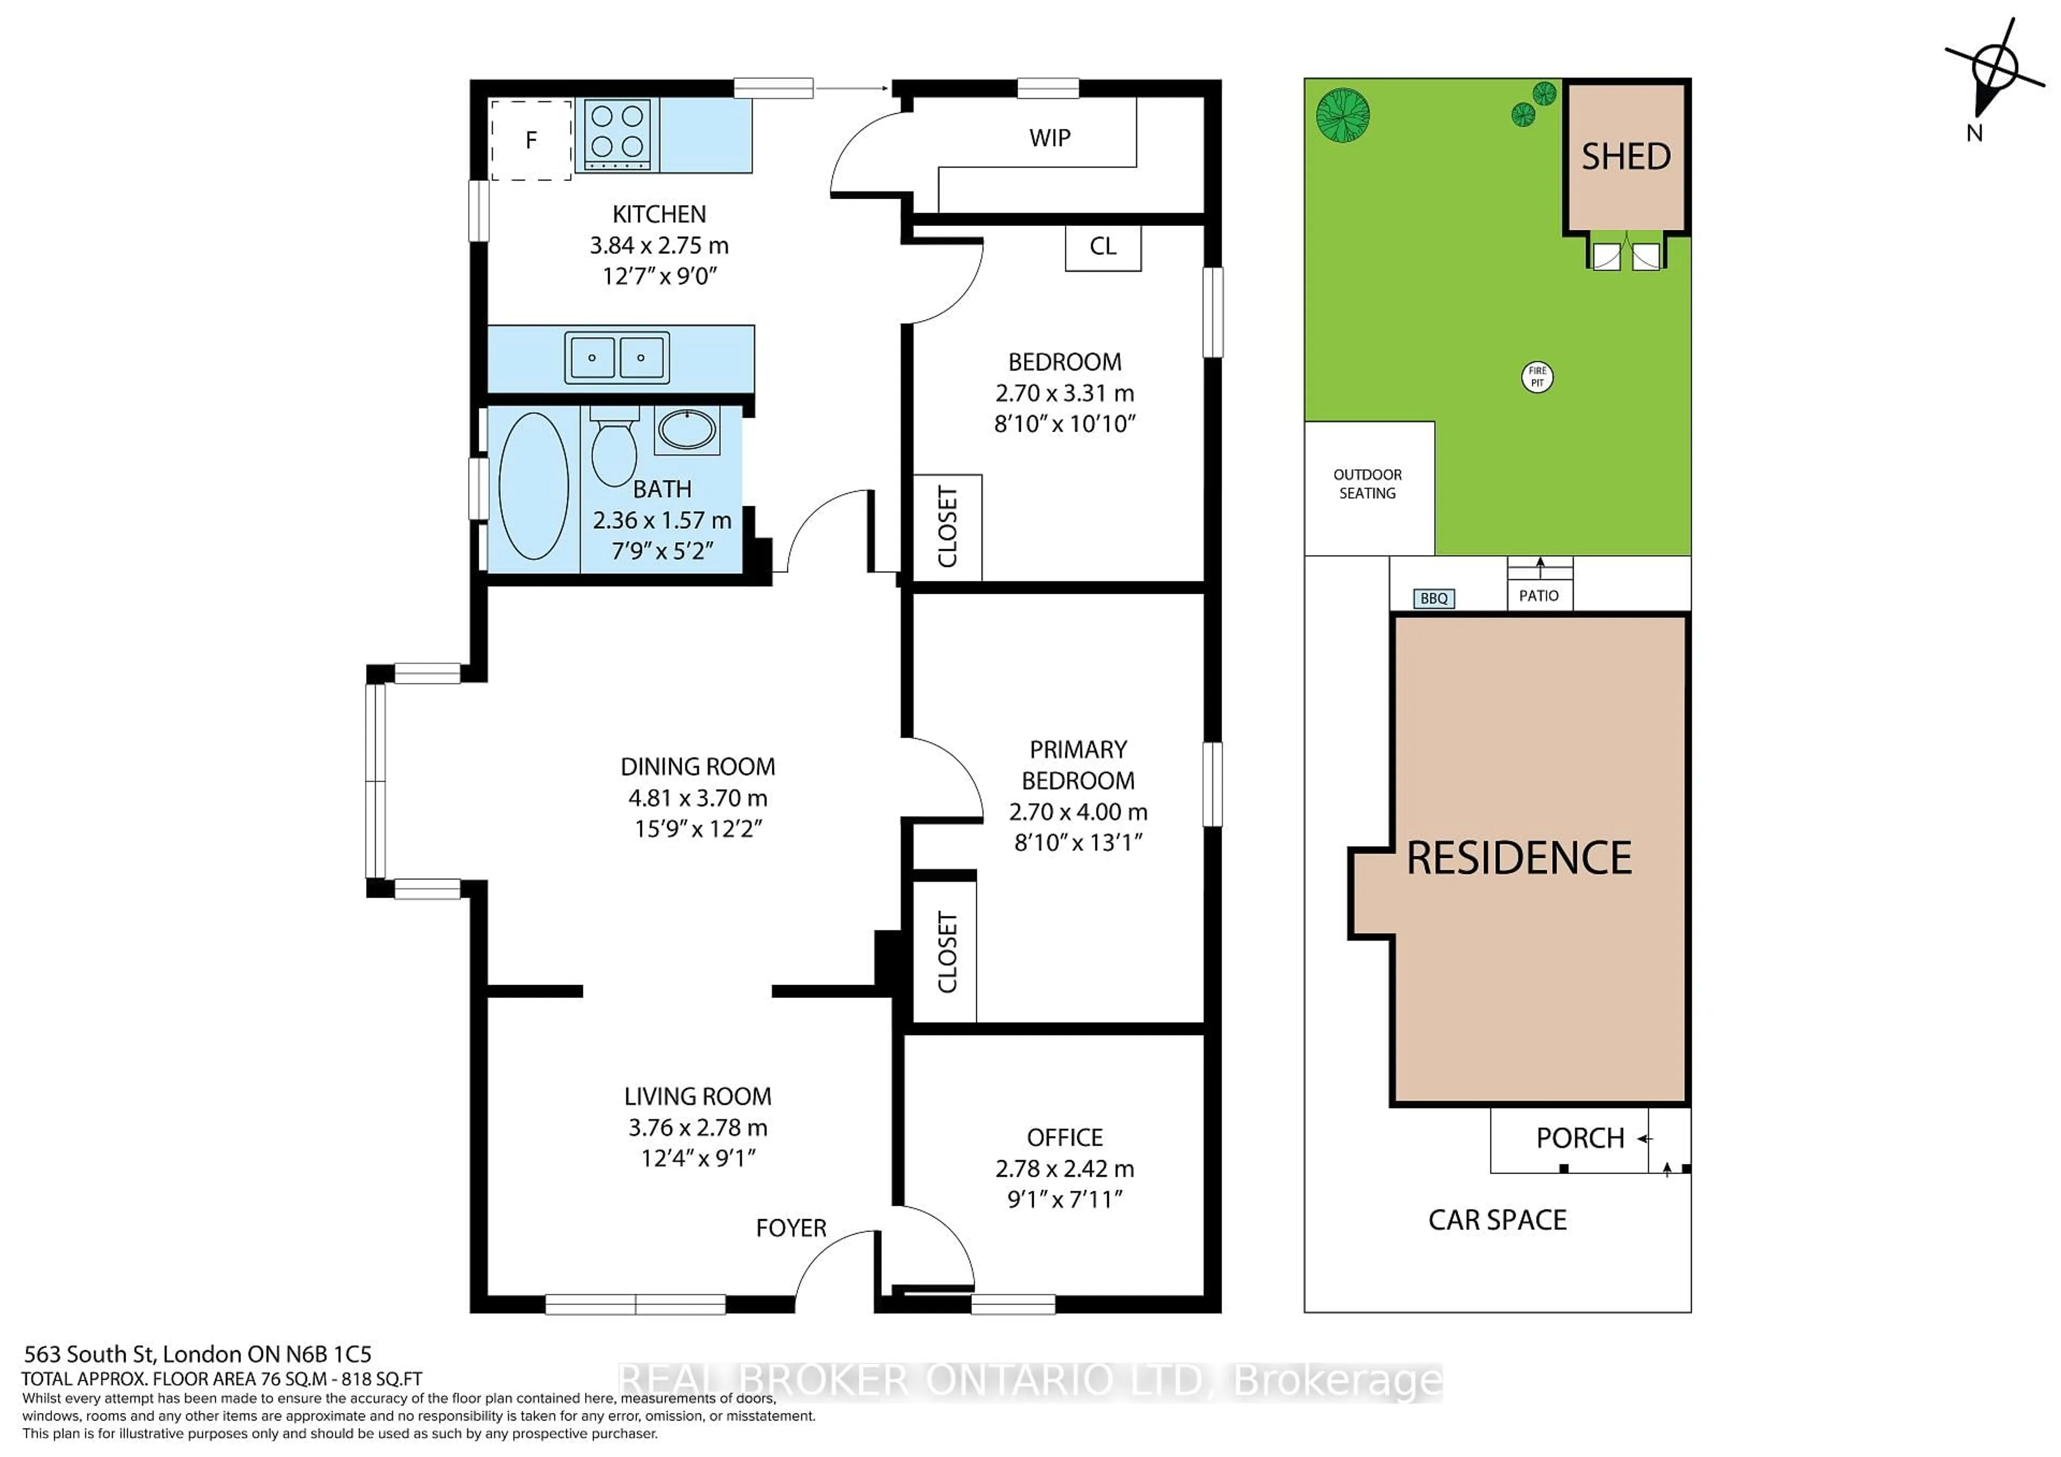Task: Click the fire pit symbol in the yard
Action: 1538,376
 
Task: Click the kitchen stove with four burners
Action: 618,135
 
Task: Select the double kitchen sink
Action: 617,358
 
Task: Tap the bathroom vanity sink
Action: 686,430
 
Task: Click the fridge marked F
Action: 530,140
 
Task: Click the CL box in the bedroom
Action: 1103,247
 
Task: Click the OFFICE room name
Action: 1065,1138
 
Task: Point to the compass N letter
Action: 1974,133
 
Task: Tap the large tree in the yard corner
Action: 1343,115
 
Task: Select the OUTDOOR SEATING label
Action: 1367,484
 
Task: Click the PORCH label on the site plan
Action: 1580,1138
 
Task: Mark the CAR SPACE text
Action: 1497,1220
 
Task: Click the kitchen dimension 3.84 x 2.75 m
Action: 659,245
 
